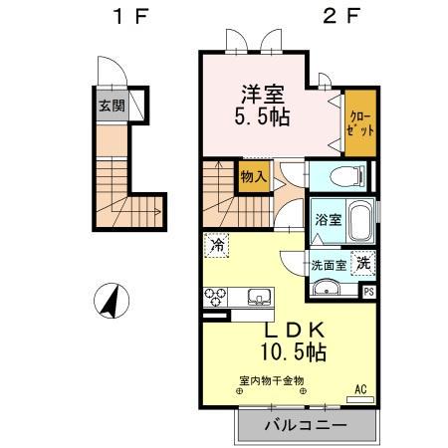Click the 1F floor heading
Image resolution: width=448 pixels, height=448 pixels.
(x=126, y=16)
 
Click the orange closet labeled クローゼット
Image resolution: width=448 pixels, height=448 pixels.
(x=359, y=122)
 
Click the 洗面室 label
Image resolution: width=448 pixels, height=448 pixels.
(x=328, y=265)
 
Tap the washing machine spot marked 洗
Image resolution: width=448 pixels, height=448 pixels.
(x=364, y=265)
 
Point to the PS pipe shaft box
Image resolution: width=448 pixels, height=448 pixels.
(x=368, y=292)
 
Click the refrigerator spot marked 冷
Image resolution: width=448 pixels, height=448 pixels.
(x=217, y=244)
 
